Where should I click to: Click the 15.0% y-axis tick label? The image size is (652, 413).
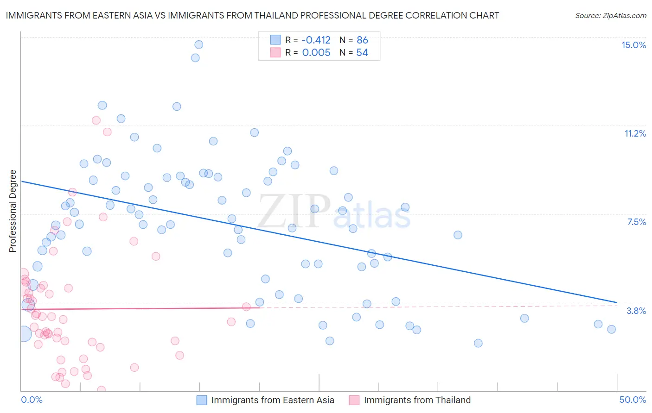tap(633, 45)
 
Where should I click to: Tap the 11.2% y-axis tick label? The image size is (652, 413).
tap(635, 133)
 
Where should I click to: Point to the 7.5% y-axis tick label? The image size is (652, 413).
tap(636, 222)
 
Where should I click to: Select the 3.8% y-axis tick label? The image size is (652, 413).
tap(636, 311)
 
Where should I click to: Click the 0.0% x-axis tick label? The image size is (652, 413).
tap(32, 400)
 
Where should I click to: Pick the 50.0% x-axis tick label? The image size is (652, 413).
tap(633, 400)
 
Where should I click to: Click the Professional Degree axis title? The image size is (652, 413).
tap(13, 211)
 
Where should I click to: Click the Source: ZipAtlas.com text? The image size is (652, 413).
tap(610, 16)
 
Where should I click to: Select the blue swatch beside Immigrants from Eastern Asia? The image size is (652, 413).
tap(202, 400)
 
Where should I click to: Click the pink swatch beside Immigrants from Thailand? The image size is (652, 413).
tap(354, 400)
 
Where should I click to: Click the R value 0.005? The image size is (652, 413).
tap(316, 53)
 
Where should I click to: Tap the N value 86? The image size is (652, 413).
tap(362, 40)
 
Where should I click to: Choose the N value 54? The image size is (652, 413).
tap(362, 53)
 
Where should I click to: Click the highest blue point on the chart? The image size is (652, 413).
tap(198, 44)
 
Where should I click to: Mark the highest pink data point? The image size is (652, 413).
tap(96, 120)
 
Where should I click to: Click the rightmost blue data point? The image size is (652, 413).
tap(611, 329)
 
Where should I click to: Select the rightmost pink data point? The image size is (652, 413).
tap(246, 307)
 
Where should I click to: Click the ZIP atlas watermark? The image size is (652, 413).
tap(334, 212)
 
